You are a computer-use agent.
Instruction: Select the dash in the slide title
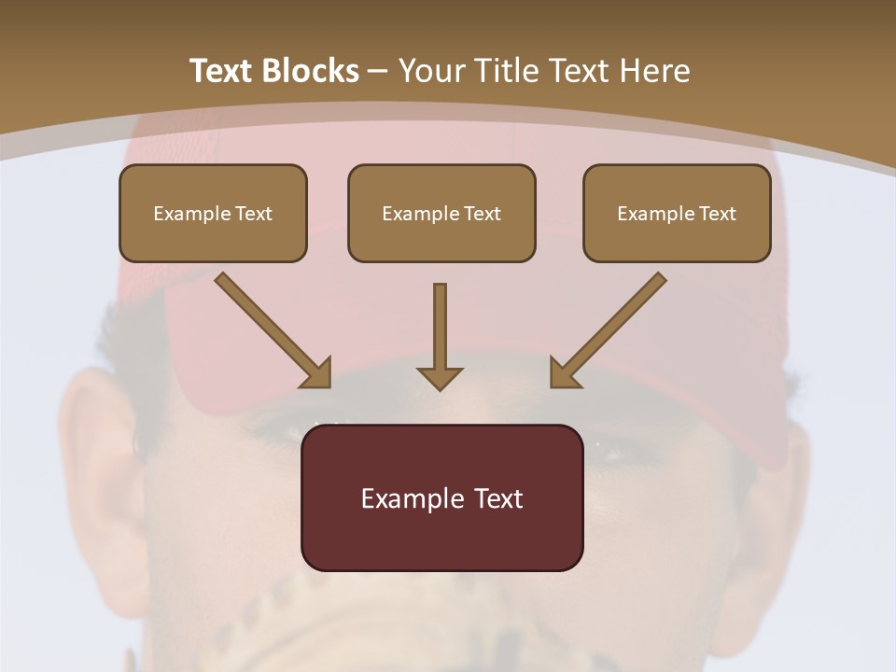378,71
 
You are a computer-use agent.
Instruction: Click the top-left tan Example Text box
213,214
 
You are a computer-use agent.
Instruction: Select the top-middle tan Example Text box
441,214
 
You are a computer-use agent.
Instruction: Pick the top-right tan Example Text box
677,214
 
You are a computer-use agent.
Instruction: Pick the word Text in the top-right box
717,214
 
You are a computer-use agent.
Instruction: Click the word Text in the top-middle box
482,214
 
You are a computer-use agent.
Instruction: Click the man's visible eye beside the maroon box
607,455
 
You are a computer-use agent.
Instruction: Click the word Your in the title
431,71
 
